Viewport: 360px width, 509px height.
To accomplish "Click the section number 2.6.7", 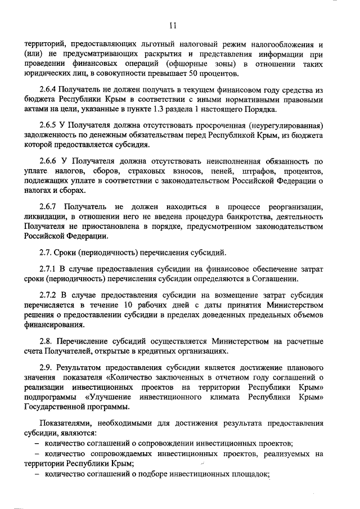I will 49,207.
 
